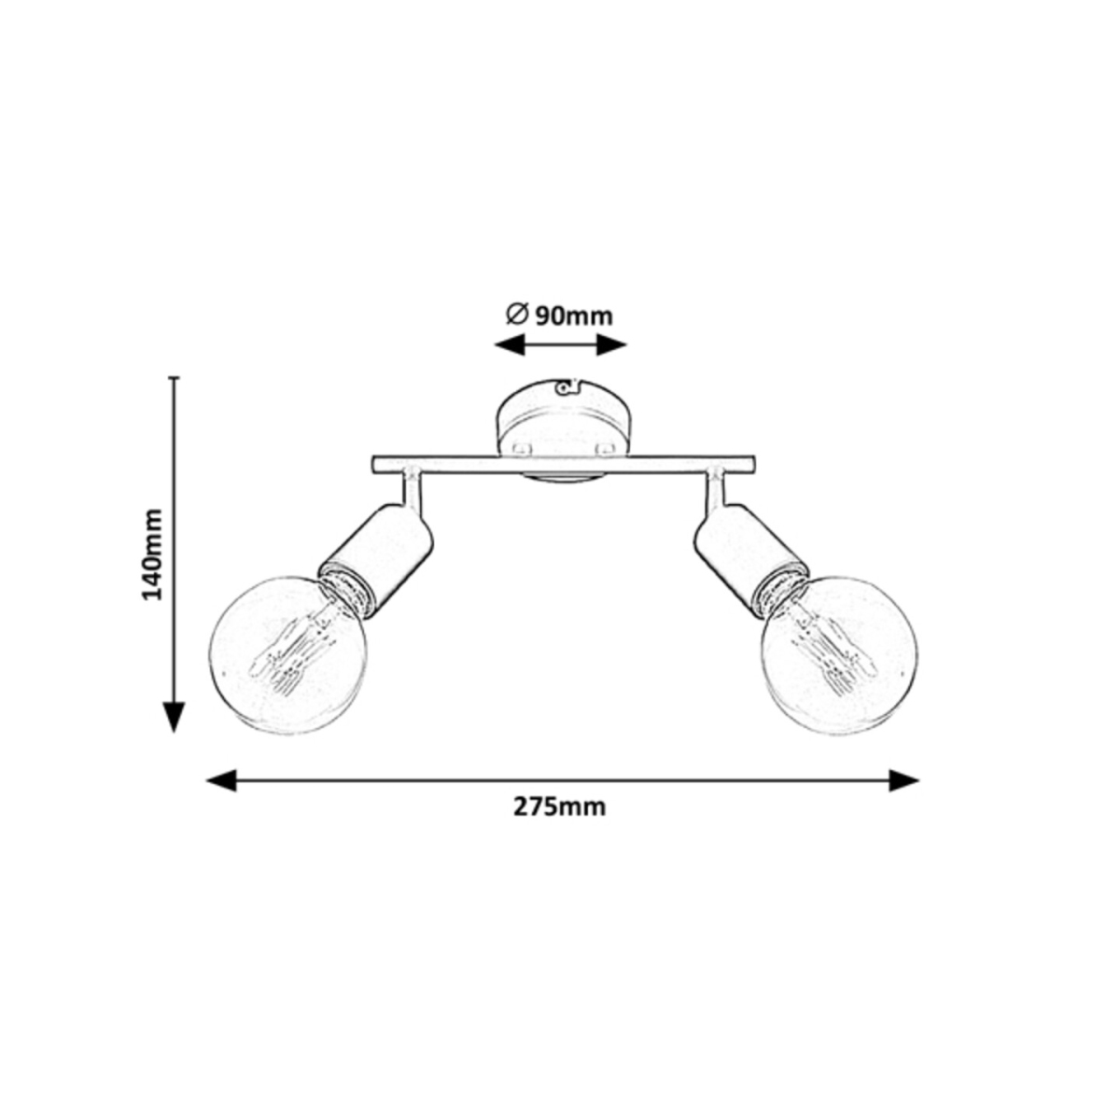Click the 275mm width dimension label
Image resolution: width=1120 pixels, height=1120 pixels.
(x=559, y=807)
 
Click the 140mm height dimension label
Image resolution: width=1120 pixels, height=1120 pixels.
(x=153, y=553)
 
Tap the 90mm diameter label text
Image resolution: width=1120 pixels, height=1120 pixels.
(x=573, y=316)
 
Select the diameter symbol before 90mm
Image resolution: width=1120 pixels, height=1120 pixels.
(x=516, y=315)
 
